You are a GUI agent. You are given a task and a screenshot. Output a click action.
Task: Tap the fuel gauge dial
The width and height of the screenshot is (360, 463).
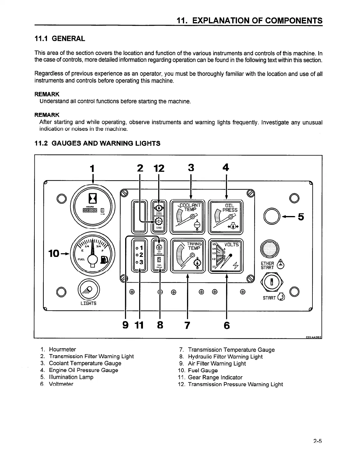[x=93, y=253]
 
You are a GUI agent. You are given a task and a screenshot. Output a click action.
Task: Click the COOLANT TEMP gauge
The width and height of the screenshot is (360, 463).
[x=188, y=217]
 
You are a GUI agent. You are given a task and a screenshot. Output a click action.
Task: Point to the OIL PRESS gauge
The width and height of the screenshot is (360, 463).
[x=226, y=217]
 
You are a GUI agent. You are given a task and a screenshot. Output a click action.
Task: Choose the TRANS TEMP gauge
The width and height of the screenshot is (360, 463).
[x=188, y=256]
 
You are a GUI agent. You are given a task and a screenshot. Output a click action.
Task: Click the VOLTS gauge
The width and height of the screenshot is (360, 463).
[x=226, y=256]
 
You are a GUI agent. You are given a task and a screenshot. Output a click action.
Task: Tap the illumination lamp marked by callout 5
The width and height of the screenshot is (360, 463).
[x=271, y=216]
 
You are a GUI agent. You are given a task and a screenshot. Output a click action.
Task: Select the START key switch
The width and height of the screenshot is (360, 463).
[x=272, y=282]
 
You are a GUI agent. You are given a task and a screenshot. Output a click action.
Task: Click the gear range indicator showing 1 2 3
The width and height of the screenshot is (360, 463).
[x=139, y=255]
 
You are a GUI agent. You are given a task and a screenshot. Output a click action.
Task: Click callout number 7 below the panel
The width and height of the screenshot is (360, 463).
[x=187, y=325]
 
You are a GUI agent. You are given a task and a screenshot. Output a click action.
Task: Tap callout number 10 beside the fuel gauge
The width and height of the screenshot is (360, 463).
[x=54, y=253]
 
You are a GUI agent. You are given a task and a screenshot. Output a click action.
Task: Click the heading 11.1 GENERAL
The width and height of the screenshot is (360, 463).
[x=60, y=39]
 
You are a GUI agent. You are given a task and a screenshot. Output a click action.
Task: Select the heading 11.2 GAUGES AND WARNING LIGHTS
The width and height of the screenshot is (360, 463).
[x=97, y=143]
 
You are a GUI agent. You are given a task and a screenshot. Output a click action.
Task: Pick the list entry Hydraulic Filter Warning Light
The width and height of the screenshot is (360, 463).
[x=225, y=356]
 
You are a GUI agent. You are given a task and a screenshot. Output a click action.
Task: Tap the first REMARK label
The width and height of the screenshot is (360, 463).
[x=47, y=94]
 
